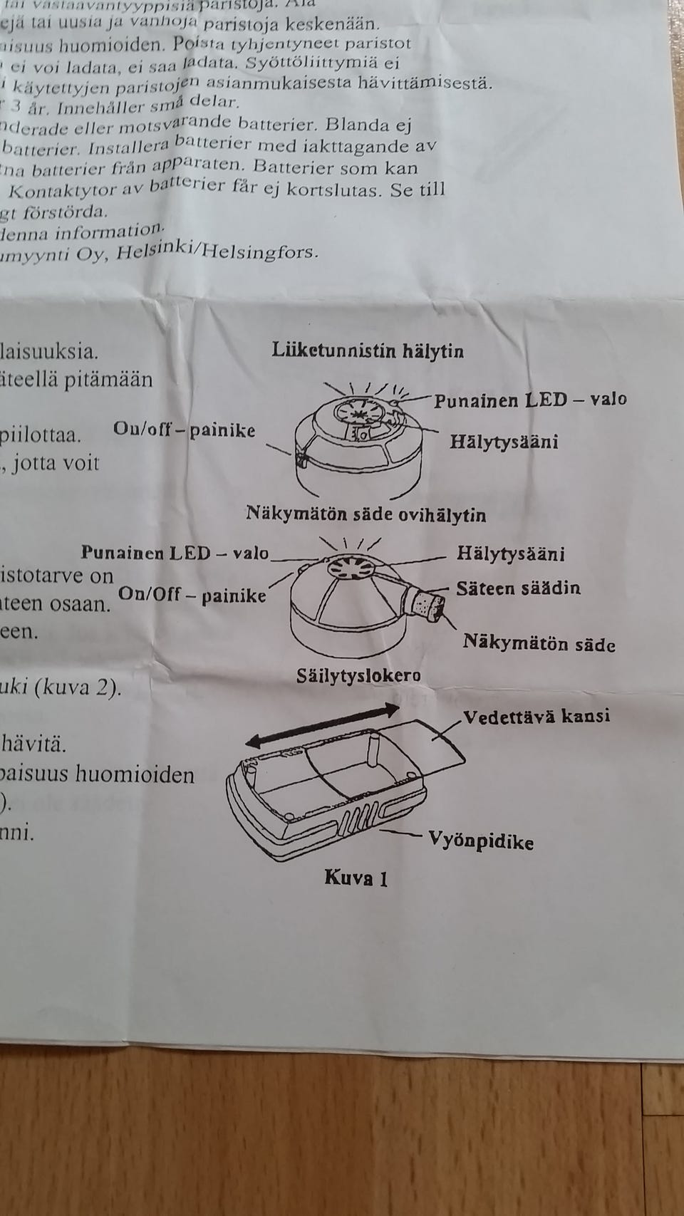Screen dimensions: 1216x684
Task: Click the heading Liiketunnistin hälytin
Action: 368,350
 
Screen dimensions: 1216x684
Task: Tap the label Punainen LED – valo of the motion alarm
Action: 530,399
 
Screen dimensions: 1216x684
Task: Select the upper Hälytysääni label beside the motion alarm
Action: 503,442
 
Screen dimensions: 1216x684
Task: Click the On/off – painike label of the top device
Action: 184,430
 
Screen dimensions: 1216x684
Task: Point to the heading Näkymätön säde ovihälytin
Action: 366,514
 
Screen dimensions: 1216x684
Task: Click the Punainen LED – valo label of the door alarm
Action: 175,553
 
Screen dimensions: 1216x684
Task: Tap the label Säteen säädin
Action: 518,588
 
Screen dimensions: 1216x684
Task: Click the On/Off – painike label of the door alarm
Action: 192,593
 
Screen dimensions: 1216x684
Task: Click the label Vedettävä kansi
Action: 536,715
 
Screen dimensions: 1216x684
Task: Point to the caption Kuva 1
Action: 356,877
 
